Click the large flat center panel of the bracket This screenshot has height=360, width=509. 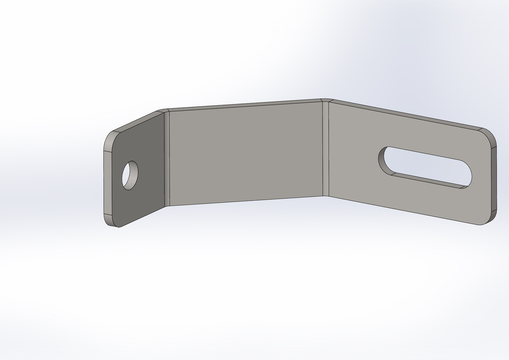(x=245, y=153)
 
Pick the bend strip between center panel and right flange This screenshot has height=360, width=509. (x=325, y=148)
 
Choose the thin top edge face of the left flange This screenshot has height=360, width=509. (x=137, y=121)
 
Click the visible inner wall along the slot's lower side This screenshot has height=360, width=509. (x=426, y=180)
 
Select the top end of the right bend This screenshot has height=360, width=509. (x=325, y=100)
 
